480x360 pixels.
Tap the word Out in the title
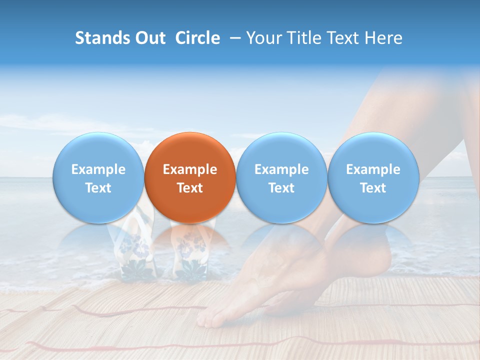click(x=148, y=38)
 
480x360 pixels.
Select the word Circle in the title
click(x=197, y=38)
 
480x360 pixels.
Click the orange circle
click(x=190, y=177)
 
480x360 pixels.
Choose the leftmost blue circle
click(x=98, y=177)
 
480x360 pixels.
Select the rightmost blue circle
click(x=373, y=177)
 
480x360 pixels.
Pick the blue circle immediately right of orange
click(x=281, y=177)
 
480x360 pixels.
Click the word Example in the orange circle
click(x=190, y=169)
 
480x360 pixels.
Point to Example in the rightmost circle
click(x=373, y=169)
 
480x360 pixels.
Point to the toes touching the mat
click(x=212, y=317)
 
